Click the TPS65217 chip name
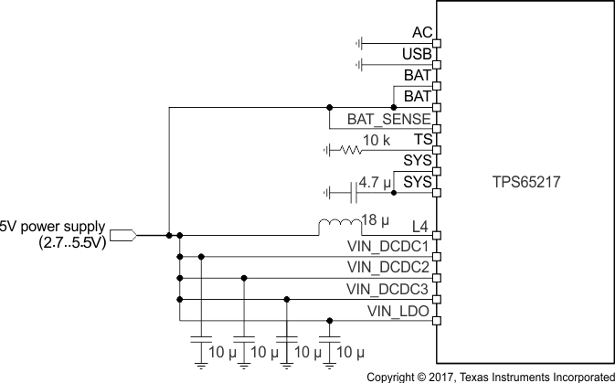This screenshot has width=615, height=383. click(x=525, y=183)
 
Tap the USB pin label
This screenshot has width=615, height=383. click(x=416, y=55)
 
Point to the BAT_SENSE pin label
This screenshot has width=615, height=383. click(x=388, y=119)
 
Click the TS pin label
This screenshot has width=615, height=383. click(x=422, y=140)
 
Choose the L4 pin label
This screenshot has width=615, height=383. click(x=421, y=225)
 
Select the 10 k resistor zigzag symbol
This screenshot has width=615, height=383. click(x=350, y=150)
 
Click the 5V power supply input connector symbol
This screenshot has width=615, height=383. click(x=123, y=235)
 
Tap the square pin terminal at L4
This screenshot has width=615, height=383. click(x=436, y=235)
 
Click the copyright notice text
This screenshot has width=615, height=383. click(x=490, y=376)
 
